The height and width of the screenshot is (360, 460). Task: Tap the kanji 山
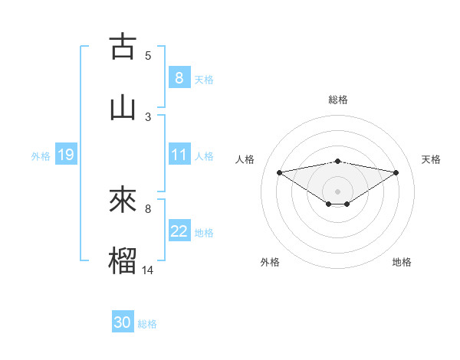pos(123,106)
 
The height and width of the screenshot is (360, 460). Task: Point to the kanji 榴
pos(123,258)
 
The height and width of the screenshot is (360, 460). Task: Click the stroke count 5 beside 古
pos(148,56)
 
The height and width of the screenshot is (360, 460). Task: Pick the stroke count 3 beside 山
pos(148,116)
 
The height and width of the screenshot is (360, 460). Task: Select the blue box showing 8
pos(179,77)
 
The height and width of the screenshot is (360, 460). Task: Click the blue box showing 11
pos(179,155)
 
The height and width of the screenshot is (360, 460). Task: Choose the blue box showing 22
pos(179,231)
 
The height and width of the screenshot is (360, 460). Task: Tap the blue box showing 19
pos(65,155)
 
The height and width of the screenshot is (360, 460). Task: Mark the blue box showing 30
pos(123,322)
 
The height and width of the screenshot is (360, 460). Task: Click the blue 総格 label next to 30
pos(147,324)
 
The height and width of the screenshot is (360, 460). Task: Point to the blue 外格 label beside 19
pos(41,155)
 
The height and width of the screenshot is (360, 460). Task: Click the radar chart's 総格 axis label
pos(338,100)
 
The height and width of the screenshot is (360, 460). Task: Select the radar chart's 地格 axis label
pos(402,262)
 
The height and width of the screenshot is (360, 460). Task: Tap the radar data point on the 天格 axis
pos(396,172)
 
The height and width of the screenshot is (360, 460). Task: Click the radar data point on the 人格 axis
pos(280,172)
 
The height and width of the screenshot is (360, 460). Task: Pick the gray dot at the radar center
pos(338,191)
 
